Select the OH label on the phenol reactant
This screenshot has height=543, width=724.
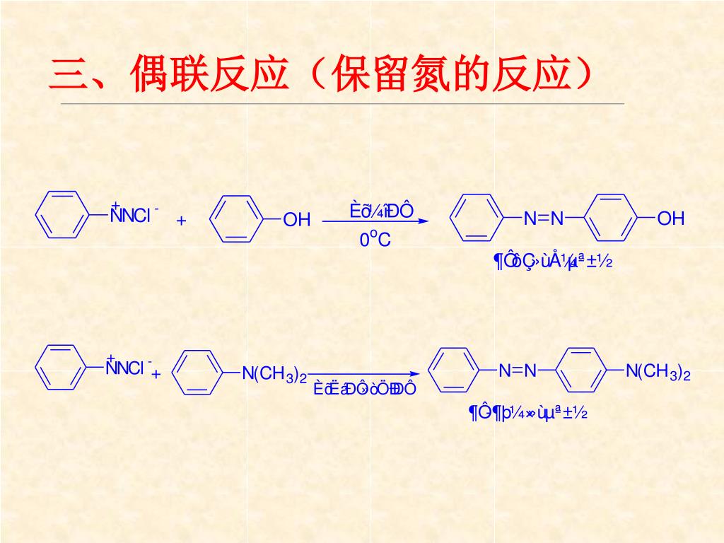(x=297, y=220)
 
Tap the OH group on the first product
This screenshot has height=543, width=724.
(x=671, y=218)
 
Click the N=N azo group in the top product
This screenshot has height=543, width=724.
(x=544, y=218)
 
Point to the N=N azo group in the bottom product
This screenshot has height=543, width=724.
(x=518, y=370)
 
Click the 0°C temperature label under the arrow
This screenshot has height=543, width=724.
(x=375, y=240)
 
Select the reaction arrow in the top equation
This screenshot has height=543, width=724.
(x=375, y=221)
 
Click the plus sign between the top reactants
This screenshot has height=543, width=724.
(x=181, y=221)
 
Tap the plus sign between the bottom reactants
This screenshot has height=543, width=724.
(x=156, y=373)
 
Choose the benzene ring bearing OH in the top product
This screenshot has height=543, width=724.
(x=612, y=218)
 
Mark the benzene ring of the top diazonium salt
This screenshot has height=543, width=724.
(x=62, y=213)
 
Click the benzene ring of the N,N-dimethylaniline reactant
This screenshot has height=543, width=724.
(x=197, y=373)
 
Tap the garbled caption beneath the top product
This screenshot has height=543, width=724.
(x=552, y=262)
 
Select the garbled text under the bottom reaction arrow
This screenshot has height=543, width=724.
(x=365, y=389)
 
